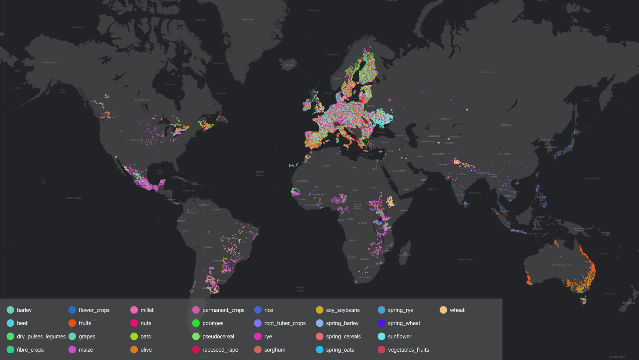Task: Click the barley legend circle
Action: (10, 310)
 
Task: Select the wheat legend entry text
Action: (457, 310)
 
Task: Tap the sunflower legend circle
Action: (381, 336)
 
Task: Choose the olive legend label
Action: (146, 350)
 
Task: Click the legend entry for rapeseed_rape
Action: (220, 350)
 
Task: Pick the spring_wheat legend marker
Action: (381, 323)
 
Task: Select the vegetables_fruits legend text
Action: (408, 350)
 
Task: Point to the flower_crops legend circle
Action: (72, 310)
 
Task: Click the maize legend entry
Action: (86, 350)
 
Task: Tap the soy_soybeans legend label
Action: (343, 310)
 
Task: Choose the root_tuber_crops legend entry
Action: (285, 323)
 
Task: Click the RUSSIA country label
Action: (487, 72)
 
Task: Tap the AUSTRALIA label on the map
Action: (561, 265)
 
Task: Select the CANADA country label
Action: (142, 100)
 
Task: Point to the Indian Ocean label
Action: (465, 260)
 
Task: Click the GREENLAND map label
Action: (248, 19)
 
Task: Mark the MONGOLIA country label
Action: (506, 125)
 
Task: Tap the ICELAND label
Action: (289, 65)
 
